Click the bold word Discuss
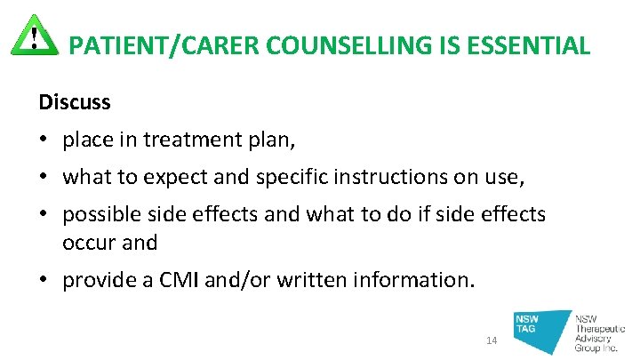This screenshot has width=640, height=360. pyautogui.click(x=75, y=102)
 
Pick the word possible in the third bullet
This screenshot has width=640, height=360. pyautogui.click(x=102, y=216)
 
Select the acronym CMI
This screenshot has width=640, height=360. pyautogui.click(x=177, y=280)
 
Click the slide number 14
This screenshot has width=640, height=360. pyautogui.click(x=493, y=341)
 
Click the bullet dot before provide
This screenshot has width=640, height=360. pyautogui.click(x=44, y=280)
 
